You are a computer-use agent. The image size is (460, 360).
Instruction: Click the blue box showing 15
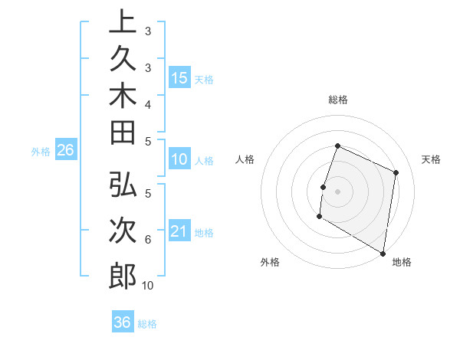click(x=179, y=77)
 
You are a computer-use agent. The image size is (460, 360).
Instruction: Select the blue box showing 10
click(x=179, y=160)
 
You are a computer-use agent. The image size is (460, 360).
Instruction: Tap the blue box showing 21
click(x=179, y=231)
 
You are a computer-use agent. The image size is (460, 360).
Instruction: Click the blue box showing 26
click(x=65, y=151)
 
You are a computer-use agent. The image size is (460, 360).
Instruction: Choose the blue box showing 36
click(x=122, y=322)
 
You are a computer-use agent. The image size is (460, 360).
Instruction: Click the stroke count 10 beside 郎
click(x=148, y=286)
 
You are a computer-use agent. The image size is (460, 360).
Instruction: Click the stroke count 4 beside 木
click(x=148, y=104)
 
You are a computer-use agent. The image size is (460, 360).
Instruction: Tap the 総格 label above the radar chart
click(x=338, y=100)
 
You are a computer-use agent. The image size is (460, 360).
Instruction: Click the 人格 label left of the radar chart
click(x=245, y=159)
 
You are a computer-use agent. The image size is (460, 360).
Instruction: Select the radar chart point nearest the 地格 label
click(x=383, y=253)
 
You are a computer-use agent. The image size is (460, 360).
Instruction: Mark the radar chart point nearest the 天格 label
click(x=396, y=172)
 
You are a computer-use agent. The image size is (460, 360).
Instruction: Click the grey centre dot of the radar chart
click(x=338, y=191)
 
